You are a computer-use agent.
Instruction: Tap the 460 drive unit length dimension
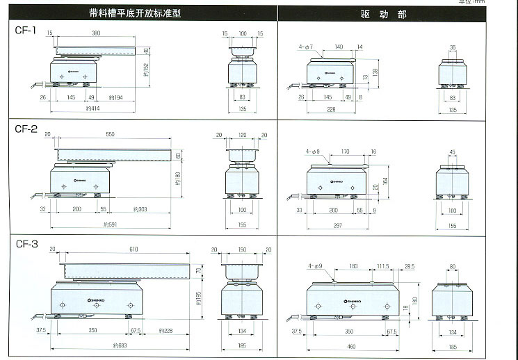pyautogui.click(x=350, y=345)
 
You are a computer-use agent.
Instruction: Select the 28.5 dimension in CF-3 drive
pyautogui.click(x=409, y=265)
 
